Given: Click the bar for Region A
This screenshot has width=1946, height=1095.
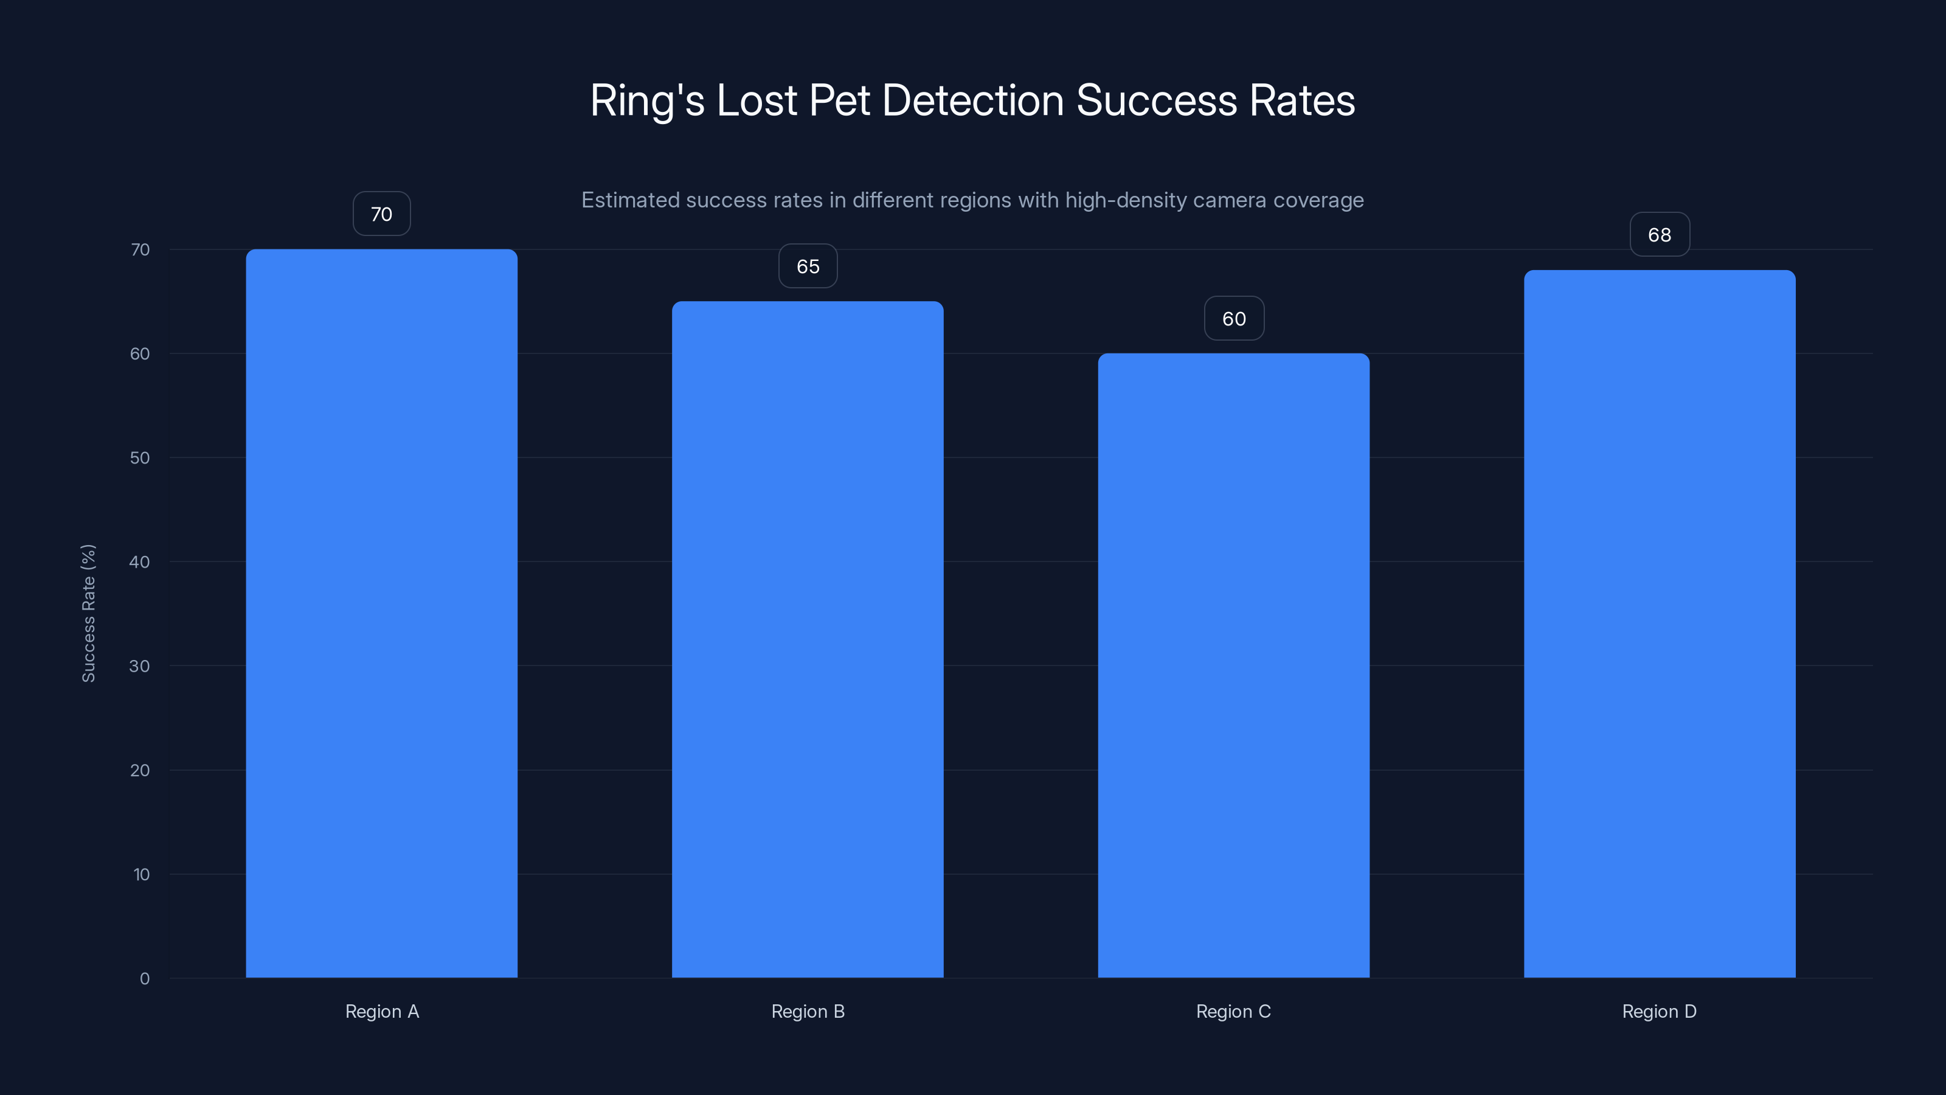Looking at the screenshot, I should (381, 613).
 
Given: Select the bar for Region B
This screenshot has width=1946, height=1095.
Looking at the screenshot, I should (808, 639).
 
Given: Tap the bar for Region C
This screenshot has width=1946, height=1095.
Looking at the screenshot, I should (1234, 665).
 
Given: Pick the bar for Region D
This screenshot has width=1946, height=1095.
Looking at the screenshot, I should (1660, 624).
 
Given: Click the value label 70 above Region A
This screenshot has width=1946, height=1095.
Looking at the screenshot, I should (381, 214).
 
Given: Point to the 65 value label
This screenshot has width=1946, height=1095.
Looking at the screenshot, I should (808, 266).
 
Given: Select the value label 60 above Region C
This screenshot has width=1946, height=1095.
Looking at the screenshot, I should (1234, 318).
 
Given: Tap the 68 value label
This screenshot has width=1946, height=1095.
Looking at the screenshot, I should (1660, 234).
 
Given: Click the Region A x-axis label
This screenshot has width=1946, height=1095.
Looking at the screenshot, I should (381, 1011).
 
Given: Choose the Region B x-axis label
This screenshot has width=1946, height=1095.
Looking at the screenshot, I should (808, 1011).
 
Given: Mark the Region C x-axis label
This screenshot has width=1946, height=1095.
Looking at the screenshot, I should (1234, 1011).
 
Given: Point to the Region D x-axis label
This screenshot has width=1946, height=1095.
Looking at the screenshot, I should (1660, 1011).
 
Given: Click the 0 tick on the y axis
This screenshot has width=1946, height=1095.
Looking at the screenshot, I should (144, 979).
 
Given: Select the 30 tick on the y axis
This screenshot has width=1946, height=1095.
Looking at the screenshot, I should (140, 666).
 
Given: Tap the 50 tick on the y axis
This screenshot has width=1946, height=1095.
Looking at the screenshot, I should (140, 457).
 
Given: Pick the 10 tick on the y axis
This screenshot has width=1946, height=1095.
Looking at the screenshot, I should (141, 874).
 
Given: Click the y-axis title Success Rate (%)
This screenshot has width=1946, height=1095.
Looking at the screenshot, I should (88, 613).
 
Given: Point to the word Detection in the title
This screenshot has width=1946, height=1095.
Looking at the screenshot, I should (973, 100).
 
